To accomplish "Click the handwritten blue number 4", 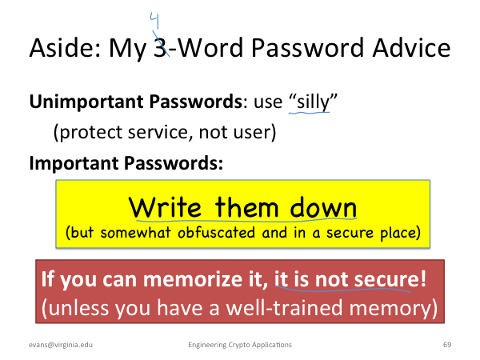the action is pos(154,21).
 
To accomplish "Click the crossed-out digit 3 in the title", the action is pos(160,48).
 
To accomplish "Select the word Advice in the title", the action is pos(411,48).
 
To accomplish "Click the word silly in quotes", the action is pos(314,102).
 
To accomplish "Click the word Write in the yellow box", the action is pos(166,207).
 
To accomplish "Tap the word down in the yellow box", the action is pos(323,207).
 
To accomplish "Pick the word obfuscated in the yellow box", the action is pos(216,232).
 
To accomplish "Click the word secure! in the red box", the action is pos(390,279).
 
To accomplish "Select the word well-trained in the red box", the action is pos(284,308).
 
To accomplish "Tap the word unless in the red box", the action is pos(78,308).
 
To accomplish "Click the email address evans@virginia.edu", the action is pos(61,345).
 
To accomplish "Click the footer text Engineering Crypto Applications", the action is pos(240,345).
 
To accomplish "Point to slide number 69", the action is pos(447,345).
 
